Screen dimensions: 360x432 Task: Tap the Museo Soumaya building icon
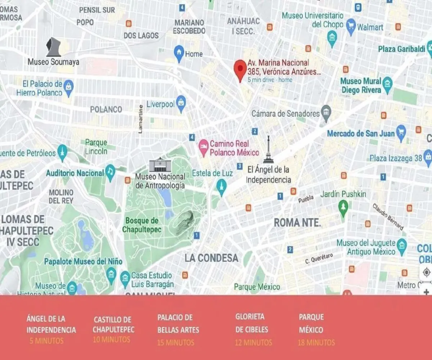coord(53,47)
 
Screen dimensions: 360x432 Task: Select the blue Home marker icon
coord(179,53)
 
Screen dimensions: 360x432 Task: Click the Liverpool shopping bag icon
coord(181,103)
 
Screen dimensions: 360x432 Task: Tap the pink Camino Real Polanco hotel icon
coord(204,148)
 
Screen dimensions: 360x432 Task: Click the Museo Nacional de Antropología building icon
coord(160,165)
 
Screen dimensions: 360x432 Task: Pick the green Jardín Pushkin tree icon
coord(343,207)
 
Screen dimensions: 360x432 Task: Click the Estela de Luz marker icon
coord(221,186)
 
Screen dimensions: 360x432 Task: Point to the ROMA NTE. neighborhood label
coord(297,223)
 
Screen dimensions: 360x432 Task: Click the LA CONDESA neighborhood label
coord(211,258)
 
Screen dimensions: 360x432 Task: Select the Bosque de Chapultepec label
coord(141,225)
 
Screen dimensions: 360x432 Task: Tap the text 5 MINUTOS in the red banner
coord(46,341)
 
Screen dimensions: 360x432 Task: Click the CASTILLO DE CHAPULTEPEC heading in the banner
coord(113,324)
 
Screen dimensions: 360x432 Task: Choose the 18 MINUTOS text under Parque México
coord(316,342)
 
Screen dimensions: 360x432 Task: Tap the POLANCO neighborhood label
coord(106,109)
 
